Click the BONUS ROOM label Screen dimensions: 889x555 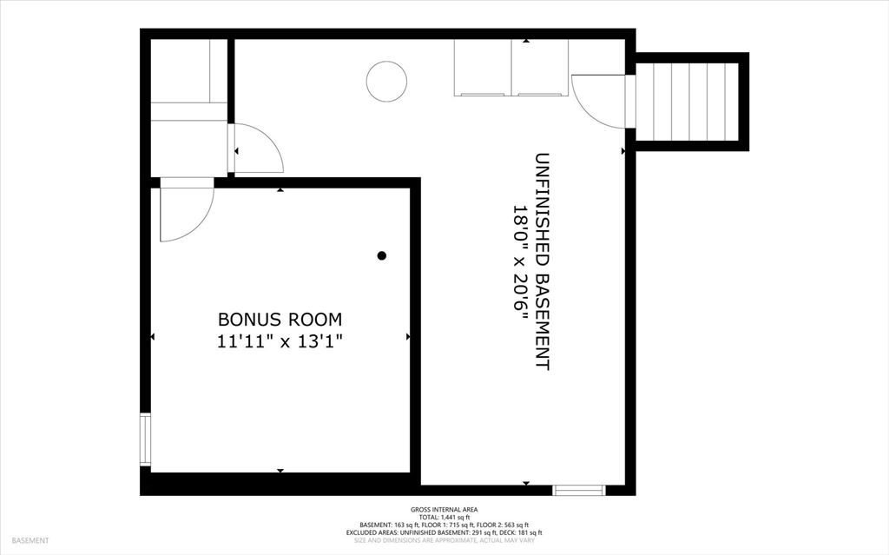point(280,320)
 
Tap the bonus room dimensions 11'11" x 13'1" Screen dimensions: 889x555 point(280,341)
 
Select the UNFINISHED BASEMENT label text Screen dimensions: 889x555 point(543,261)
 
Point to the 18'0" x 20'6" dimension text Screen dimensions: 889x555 point(521,261)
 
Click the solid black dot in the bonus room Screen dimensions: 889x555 point(382,255)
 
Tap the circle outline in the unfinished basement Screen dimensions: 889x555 point(386,62)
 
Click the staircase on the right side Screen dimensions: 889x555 point(687,102)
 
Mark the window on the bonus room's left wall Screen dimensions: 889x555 point(146,440)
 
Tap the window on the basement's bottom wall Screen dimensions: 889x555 point(579,491)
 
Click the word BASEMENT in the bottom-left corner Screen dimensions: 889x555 point(30,541)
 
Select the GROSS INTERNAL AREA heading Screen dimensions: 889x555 point(444,510)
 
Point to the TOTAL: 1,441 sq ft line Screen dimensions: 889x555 point(444,518)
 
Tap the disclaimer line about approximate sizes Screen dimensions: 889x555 point(444,540)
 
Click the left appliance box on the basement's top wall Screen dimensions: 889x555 point(483,68)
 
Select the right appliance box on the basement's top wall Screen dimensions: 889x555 point(540,68)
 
